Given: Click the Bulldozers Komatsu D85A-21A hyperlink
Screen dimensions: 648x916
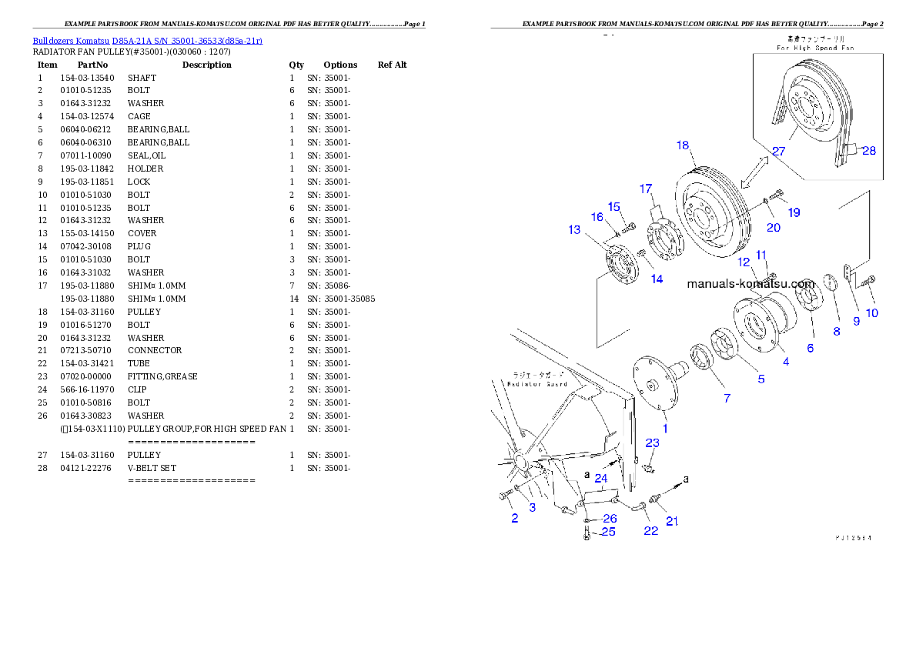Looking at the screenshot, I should coord(147,40).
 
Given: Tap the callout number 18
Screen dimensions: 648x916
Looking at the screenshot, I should coord(683,145).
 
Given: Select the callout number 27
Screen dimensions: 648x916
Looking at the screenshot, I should coord(778,152).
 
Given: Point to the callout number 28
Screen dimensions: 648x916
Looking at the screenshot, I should coord(868,151).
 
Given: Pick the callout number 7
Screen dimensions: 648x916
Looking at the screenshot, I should coord(726,398).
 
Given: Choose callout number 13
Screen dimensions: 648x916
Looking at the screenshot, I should coord(575,229).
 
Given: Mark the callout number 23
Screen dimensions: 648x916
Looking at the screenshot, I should coord(652,443).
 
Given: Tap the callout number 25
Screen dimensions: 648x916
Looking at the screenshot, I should coord(608,531).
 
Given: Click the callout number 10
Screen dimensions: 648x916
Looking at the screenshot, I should coord(871,313).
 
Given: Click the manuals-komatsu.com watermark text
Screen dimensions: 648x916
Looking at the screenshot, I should coord(750,283).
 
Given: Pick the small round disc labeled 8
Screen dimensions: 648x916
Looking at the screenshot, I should coord(831,282).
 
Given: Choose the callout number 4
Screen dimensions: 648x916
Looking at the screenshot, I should coord(785,361).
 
